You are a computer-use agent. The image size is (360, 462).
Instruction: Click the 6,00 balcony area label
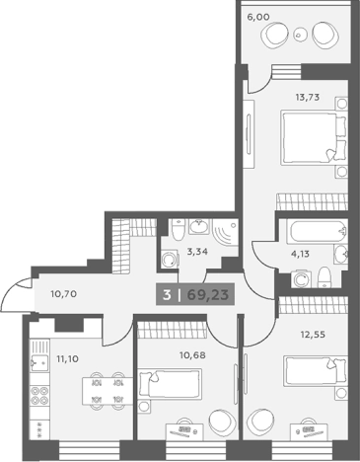pos(258,17)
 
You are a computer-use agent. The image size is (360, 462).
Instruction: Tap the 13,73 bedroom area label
pos(308,98)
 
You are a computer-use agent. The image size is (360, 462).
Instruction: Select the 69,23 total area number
pos(207,295)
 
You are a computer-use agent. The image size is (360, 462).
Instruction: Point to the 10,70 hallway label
pos(64,293)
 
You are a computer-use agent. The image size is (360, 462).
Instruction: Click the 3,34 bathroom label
pos(197,252)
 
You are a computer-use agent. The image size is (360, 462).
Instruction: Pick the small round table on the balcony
pos(299,35)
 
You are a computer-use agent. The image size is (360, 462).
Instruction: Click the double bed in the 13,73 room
pos(314,138)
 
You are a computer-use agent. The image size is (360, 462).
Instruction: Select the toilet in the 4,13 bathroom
pos(324,277)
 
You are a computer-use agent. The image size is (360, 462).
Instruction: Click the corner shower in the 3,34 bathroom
pos(225,233)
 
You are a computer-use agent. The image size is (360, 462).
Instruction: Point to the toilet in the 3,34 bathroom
pos(179,229)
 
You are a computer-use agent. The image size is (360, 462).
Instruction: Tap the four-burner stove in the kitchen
pos(39,396)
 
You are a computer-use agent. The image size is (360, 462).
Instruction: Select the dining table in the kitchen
pos(108,391)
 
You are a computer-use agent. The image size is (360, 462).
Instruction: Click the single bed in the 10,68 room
pos(171,384)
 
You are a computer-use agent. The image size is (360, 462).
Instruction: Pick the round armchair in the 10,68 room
pos(222,422)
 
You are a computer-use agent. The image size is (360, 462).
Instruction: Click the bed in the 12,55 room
pos(316,371)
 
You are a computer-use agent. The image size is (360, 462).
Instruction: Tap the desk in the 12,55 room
pos(310,431)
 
